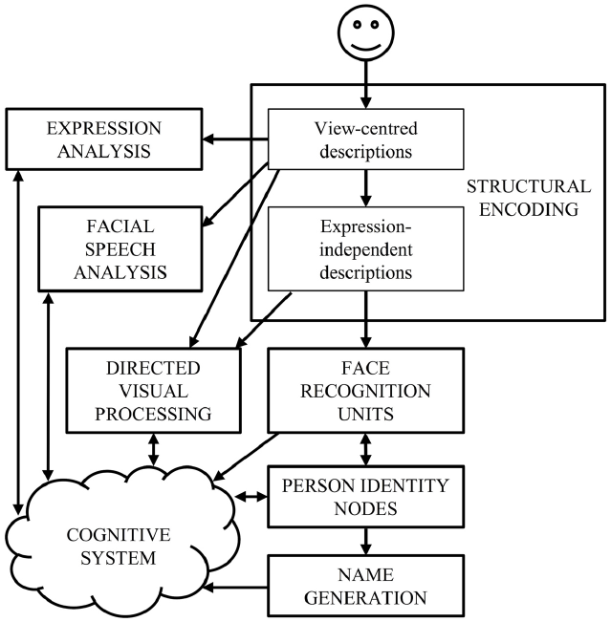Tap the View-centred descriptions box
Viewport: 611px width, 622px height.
[x=364, y=140]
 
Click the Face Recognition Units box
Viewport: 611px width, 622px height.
[x=364, y=389]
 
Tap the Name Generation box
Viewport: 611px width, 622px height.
[x=364, y=586]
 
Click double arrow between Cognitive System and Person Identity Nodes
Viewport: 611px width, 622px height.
[x=250, y=497]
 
